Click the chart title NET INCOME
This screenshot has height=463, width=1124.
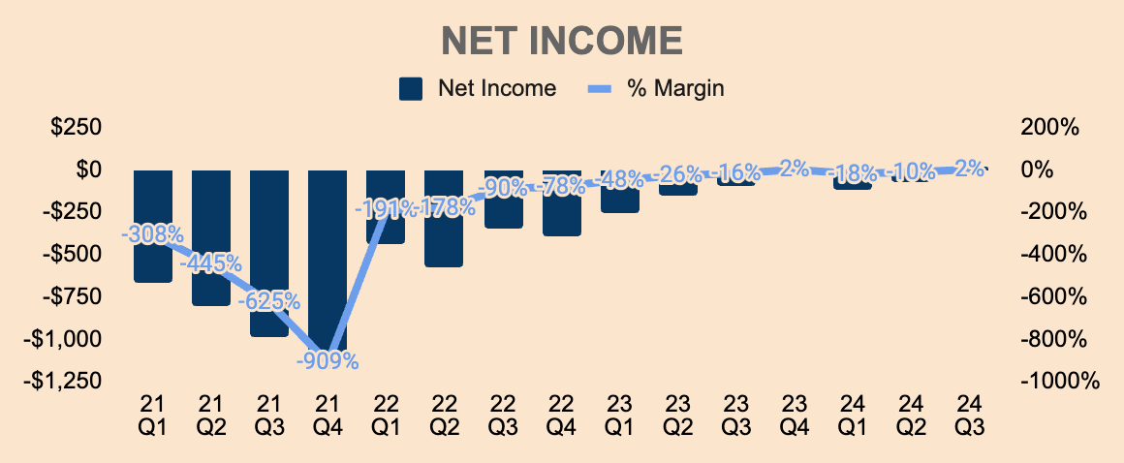[x=562, y=42]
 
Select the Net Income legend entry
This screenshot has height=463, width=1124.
[x=478, y=88]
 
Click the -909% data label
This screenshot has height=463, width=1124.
[x=328, y=361]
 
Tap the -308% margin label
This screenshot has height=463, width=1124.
[x=153, y=233]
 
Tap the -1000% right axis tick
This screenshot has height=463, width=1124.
[x=1059, y=381]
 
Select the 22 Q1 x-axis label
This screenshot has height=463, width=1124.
[x=386, y=414]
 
